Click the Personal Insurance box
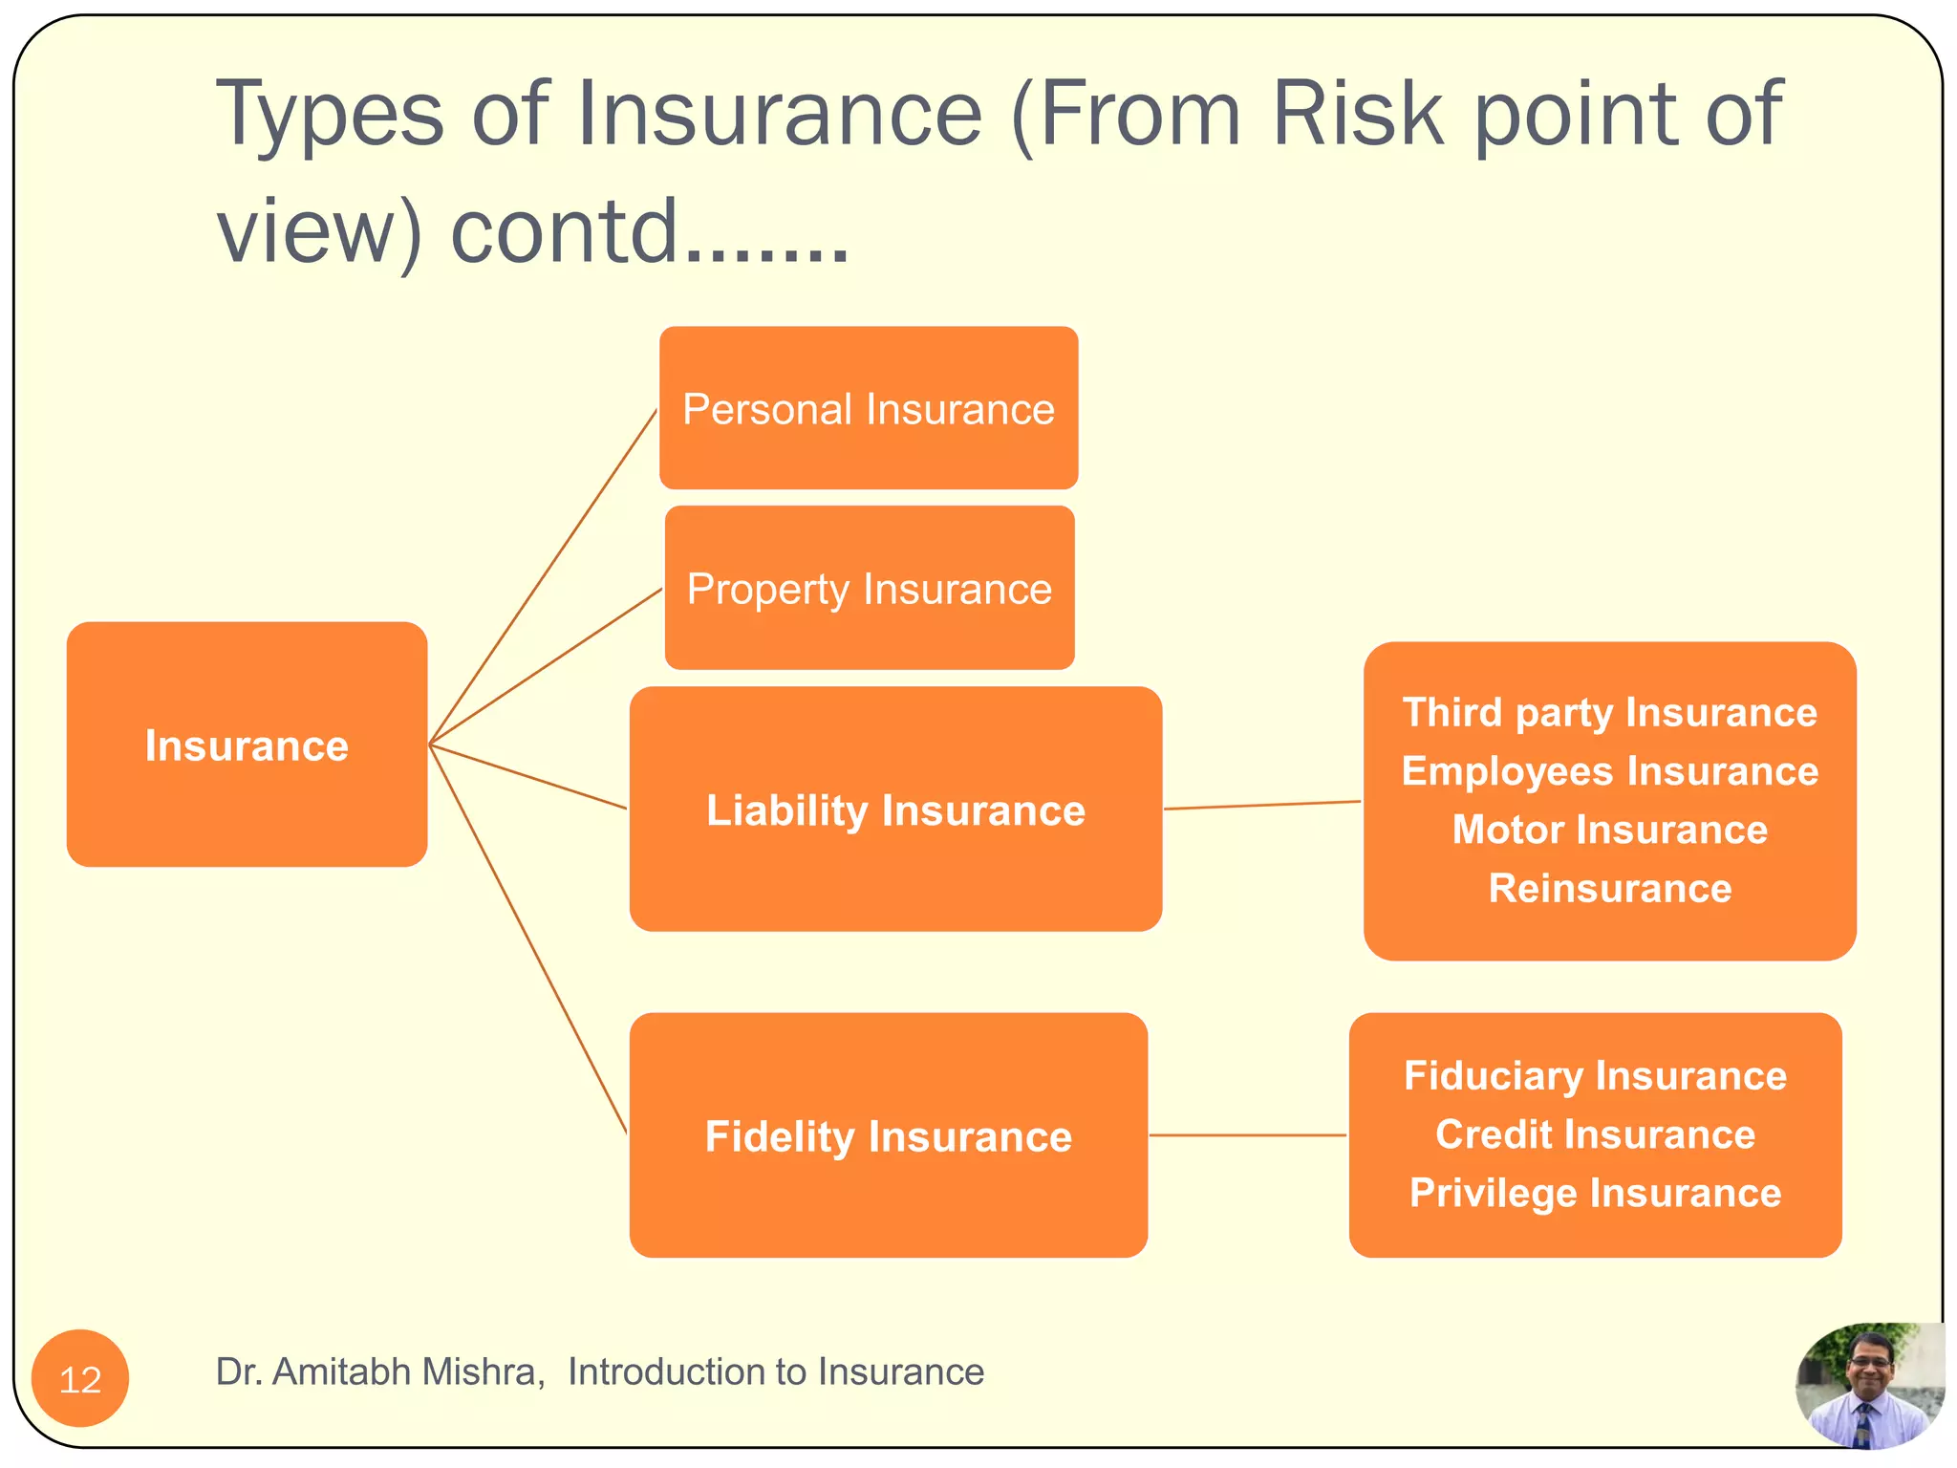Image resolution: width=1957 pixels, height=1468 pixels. pyautogui.click(x=868, y=408)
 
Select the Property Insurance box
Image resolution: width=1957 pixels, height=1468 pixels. pyautogui.click(x=869, y=588)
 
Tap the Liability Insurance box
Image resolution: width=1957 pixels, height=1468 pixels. pyautogui.click(x=895, y=810)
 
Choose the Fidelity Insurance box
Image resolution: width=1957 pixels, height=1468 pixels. pyautogui.click(x=888, y=1135)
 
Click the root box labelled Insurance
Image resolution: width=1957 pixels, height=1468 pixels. pyautogui.click(x=247, y=745)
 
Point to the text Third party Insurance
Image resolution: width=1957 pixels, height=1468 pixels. pyautogui.click(x=1609, y=713)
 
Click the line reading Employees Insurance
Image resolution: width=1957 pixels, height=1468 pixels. pyautogui.click(x=1609, y=771)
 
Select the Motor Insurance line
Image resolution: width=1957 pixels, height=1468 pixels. pyautogui.click(x=1609, y=830)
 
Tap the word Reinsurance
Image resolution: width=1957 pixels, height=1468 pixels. pyautogui.click(x=1609, y=888)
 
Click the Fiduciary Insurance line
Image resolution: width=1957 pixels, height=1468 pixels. pyautogui.click(x=1595, y=1075)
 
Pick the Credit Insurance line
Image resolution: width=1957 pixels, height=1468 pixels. pyautogui.click(x=1595, y=1134)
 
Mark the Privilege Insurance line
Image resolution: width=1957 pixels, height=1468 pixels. pyautogui.click(x=1595, y=1193)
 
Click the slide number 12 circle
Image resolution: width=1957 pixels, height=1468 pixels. pyautogui.click(x=80, y=1378)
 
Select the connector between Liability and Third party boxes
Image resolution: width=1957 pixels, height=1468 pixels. pyautogui.click(x=1261, y=806)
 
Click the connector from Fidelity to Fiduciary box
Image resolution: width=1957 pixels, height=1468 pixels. pyautogui.click(x=1247, y=1135)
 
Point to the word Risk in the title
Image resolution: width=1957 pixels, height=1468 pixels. pyautogui.click(x=1357, y=115)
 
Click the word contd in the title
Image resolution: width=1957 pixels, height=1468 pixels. pyautogui.click(x=564, y=231)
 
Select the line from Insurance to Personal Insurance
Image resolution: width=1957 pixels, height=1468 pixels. pyautogui.click(x=543, y=576)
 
